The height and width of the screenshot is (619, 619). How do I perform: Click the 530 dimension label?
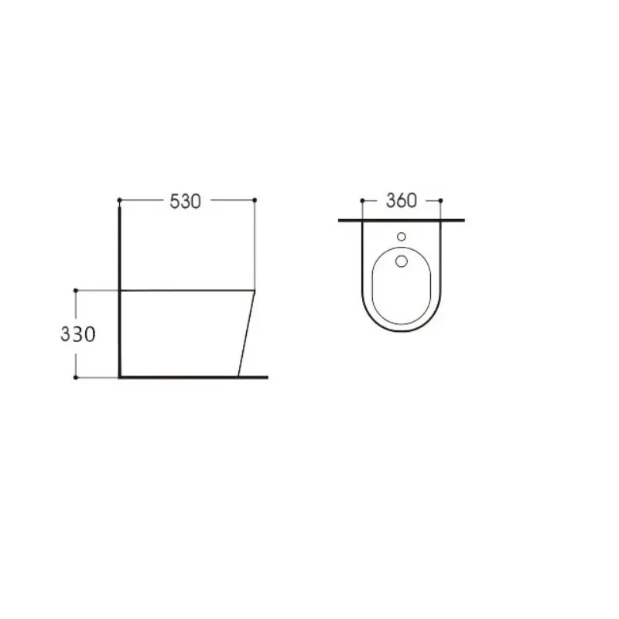pyautogui.click(x=185, y=201)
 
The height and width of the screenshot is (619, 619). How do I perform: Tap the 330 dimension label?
pyautogui.click(x=78, y=334)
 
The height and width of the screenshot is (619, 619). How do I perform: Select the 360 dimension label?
pyautogui.click(x=401, y=200)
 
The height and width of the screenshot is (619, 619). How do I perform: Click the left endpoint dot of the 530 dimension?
pyautogui.click(x=119, y=200)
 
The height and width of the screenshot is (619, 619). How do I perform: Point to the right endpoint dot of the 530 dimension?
pyautogui.click(x=255, y=200)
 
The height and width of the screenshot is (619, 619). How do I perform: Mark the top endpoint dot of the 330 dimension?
pyautogui.click(x=75, y=291)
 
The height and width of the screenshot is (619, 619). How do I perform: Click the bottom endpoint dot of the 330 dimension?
pyautogui.click(x=75, y=378)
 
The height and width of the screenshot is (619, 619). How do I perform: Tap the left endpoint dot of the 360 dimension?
pyautogui.click(x=362, y=200)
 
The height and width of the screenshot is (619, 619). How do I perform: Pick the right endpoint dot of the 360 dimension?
pyautogui.click(x=440, y=200)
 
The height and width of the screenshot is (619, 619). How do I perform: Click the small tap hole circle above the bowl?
pyautogui.click(x=402, y=237)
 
